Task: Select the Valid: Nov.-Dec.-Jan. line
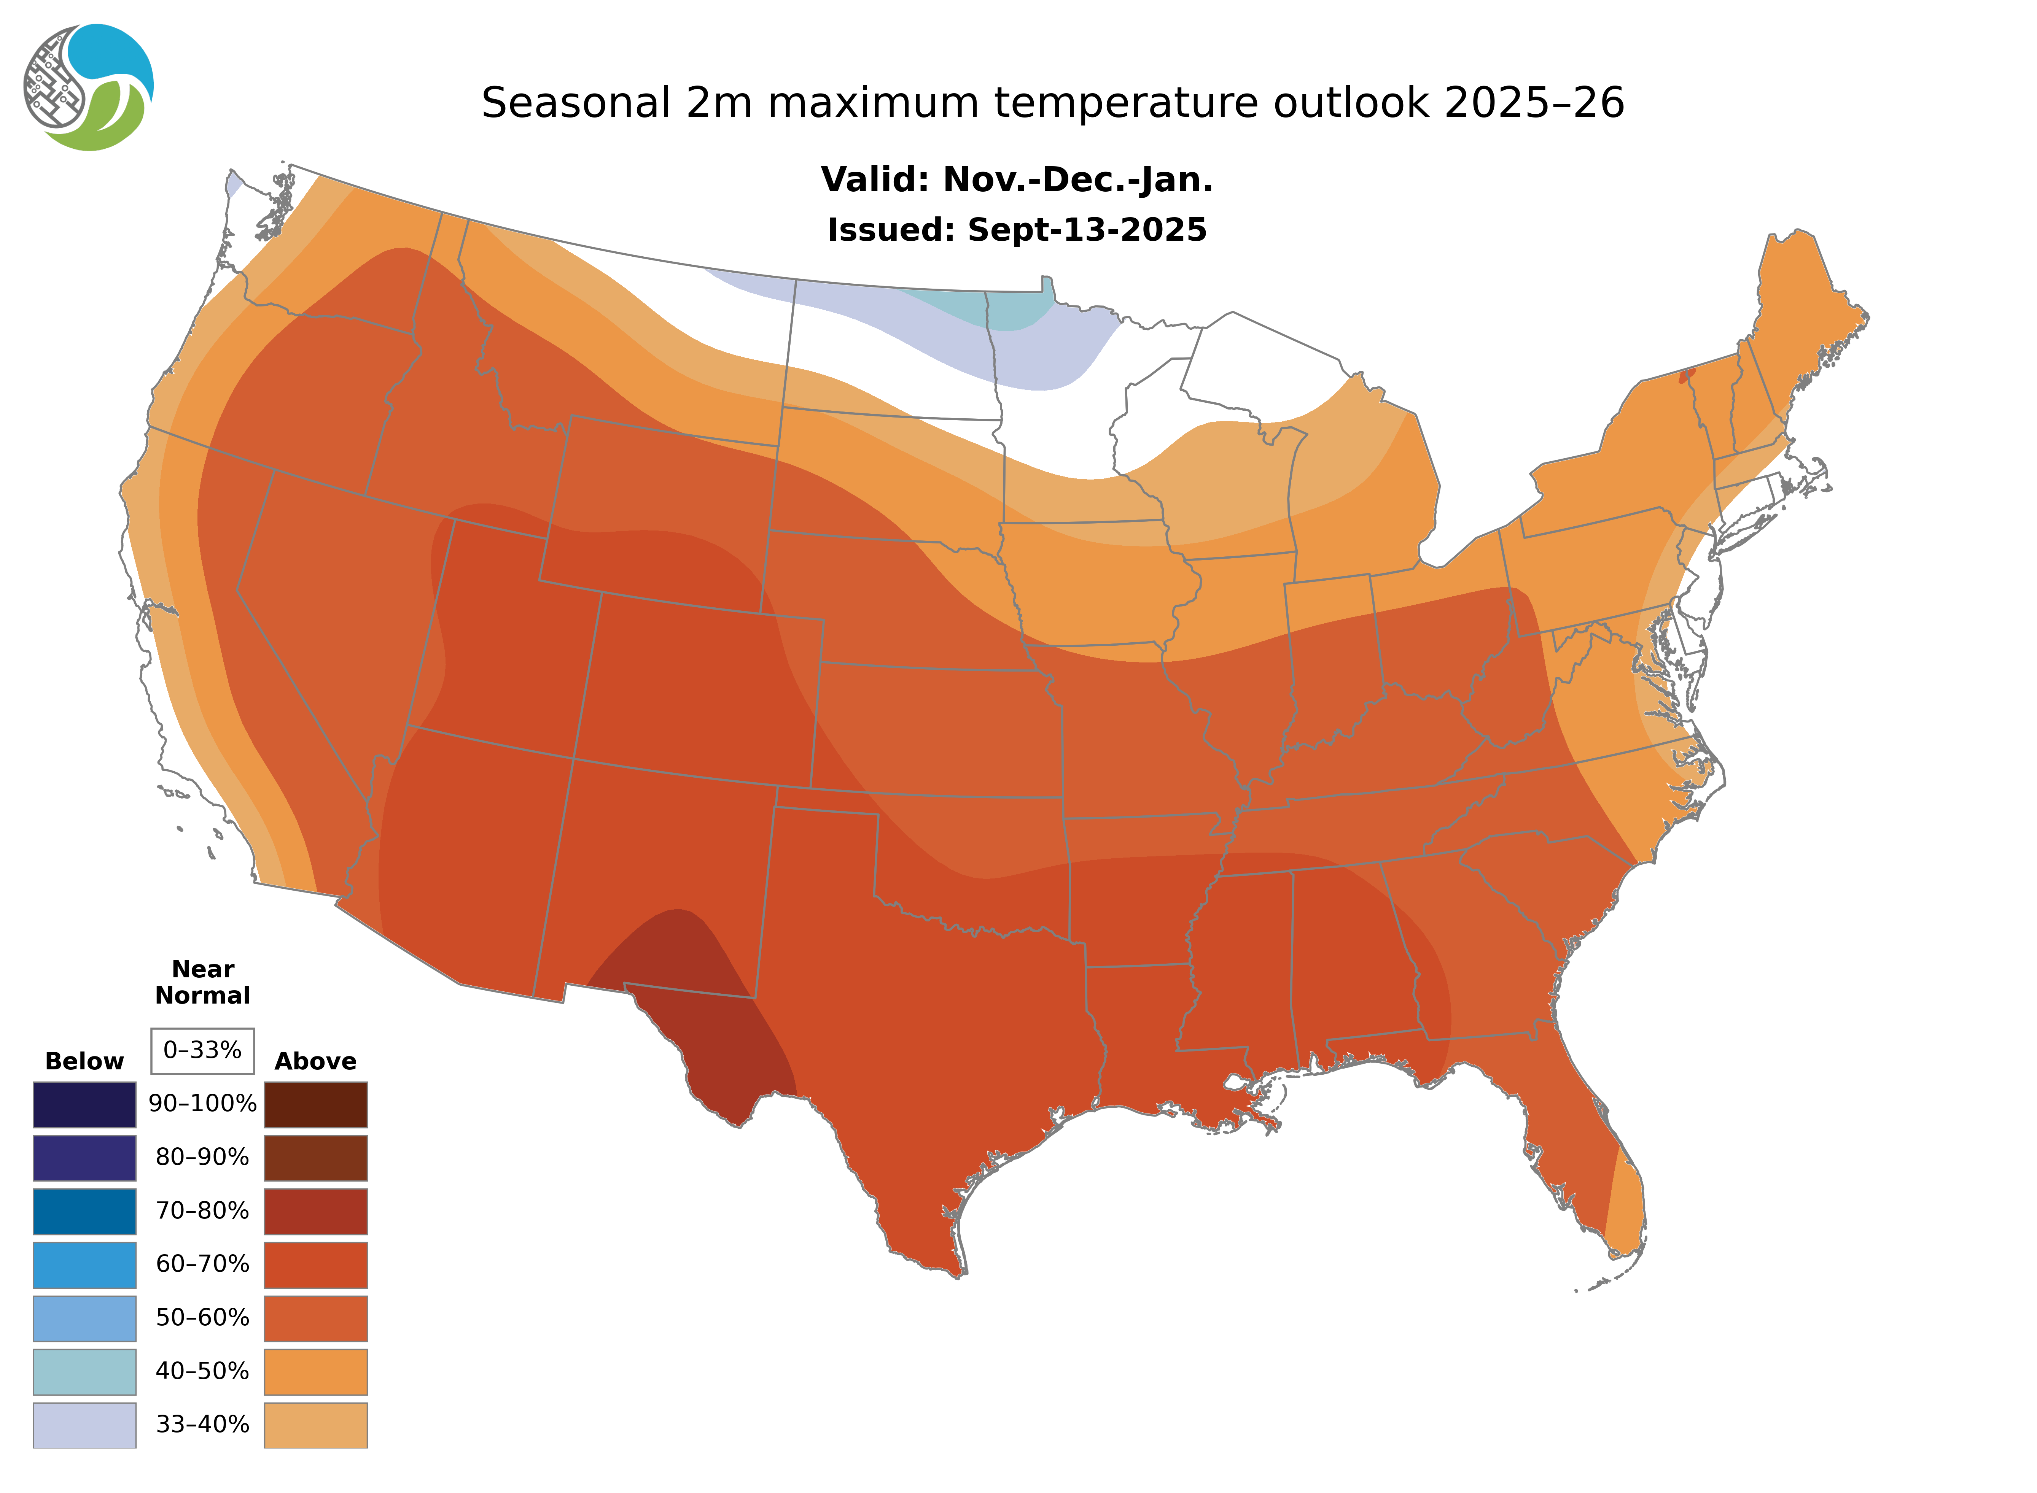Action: pos(1016,180)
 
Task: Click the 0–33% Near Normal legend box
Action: pos(202,1050)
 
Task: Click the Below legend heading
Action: pos(84,1061)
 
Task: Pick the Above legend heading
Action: pos(315,1061)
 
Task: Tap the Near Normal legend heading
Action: pos(202,982)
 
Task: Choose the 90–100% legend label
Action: pos(202,1104)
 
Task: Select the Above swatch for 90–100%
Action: pos(315,1104)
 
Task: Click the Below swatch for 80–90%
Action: pos(84,1158)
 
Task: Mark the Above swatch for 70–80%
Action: pos(315,1211)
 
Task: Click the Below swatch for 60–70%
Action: pos(84,1264)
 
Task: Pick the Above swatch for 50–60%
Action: pos(315,1318)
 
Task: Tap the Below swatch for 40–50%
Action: pos(84,1371)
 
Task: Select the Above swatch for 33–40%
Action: pos(315,1424)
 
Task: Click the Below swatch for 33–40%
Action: pos(84,1424)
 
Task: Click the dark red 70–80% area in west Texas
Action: pos(696,1003)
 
